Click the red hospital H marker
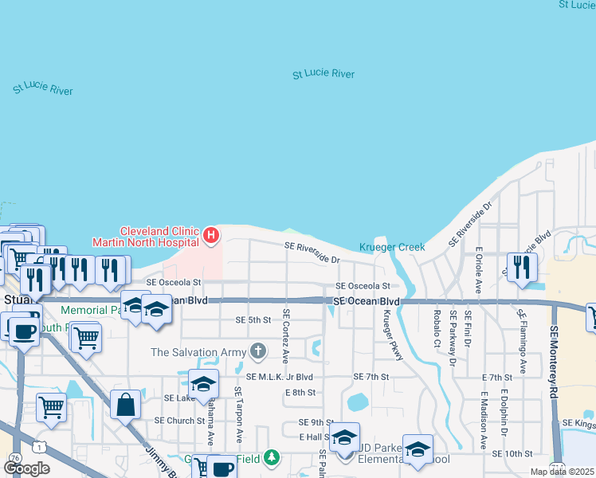[210, 235]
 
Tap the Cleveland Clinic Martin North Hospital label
[146, 235]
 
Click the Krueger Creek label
[391, 247]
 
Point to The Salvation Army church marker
[257, 351]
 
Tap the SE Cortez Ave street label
[285, 334]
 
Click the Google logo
[26, 468]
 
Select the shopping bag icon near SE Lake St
[125, 405]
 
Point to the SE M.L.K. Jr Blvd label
[280, 376]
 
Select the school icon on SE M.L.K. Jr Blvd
[204, 382]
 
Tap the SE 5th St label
[253, 319]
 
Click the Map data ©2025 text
[562, 472]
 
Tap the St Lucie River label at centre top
[323, 74]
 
